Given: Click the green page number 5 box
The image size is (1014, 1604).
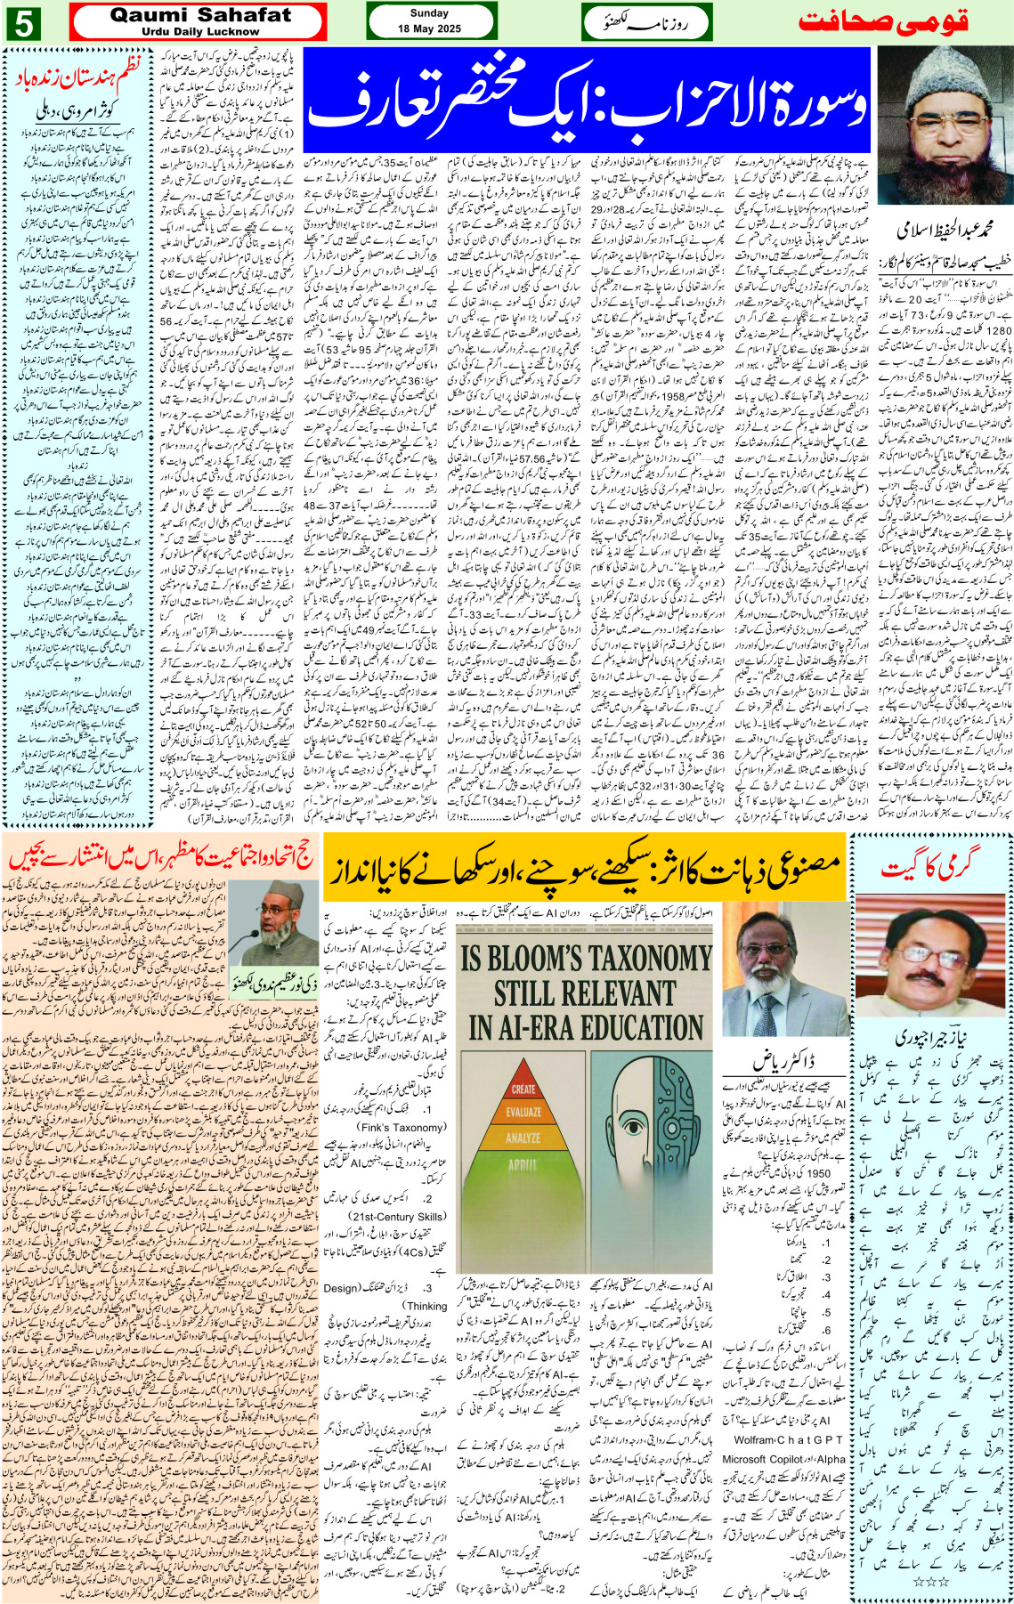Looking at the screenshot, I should click(23, 23).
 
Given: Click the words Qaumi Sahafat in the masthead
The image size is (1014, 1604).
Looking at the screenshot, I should click(200, 15).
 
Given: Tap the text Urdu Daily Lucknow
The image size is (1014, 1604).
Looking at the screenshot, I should click(200, 31).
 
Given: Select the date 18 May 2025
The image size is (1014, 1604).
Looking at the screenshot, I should click(429, 28).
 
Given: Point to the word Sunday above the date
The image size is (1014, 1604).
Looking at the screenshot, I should click(429, 13).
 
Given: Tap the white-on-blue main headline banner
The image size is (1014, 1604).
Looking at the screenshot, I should click(587, 101).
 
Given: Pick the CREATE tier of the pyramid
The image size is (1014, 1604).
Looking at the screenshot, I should click(523, 1089).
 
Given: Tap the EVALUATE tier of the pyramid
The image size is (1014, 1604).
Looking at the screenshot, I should click(523, 1112).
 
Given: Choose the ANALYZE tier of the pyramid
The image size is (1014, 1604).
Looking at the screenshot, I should click(523, 1137).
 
